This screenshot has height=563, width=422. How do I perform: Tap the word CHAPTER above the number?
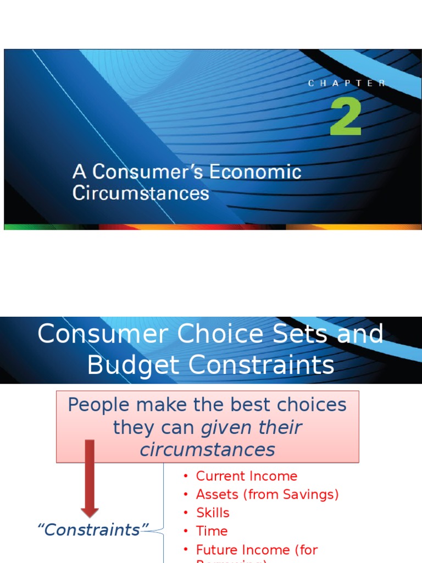pyautogui.click(x=346, y=84)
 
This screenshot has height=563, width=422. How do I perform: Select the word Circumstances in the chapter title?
pyautogui.click(x=141, y=194)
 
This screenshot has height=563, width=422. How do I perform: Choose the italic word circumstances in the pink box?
pyautogui.click(x=207, y=450)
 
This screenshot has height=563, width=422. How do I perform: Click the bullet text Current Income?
pyautogui.click(x=246, y=476)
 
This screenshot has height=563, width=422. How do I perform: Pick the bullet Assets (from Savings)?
pyautogui.click(x=267, y=494)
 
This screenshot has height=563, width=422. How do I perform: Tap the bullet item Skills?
pyautogui.click(x=213, y=512)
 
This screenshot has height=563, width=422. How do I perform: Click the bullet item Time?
pyautogui.click(x=212, y=531)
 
